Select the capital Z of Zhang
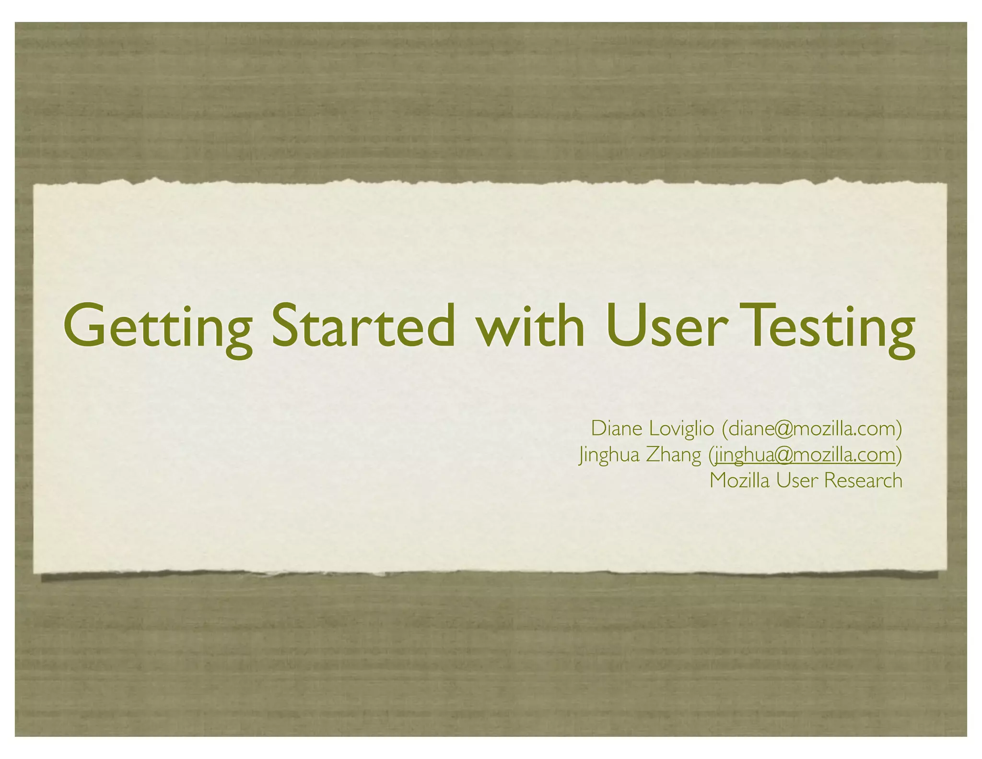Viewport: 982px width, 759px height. [x=654, y=455]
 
